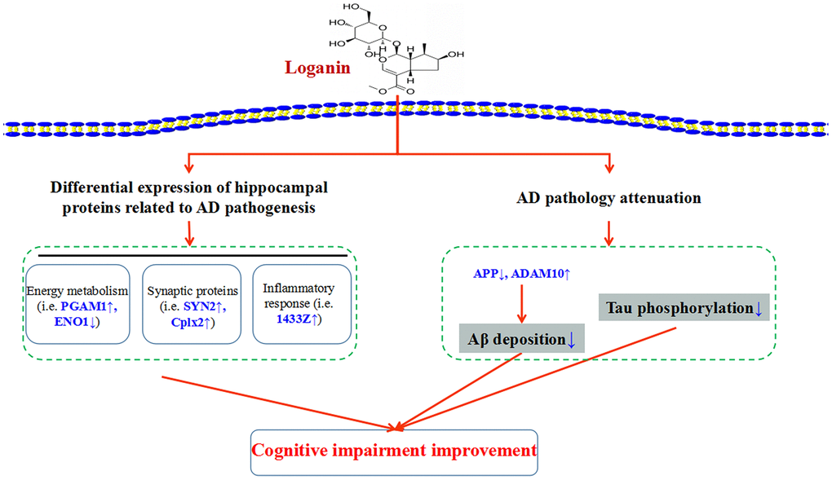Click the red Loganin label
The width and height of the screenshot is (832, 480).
(x=317, y=67)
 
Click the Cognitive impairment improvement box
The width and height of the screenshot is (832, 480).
(x=393, y=450)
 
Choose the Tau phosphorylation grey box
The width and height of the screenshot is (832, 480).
(x=684, y=307)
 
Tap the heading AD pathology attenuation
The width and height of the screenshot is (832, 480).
(x=609, y=198)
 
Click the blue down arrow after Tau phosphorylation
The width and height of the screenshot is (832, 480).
(x=758, y=308)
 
